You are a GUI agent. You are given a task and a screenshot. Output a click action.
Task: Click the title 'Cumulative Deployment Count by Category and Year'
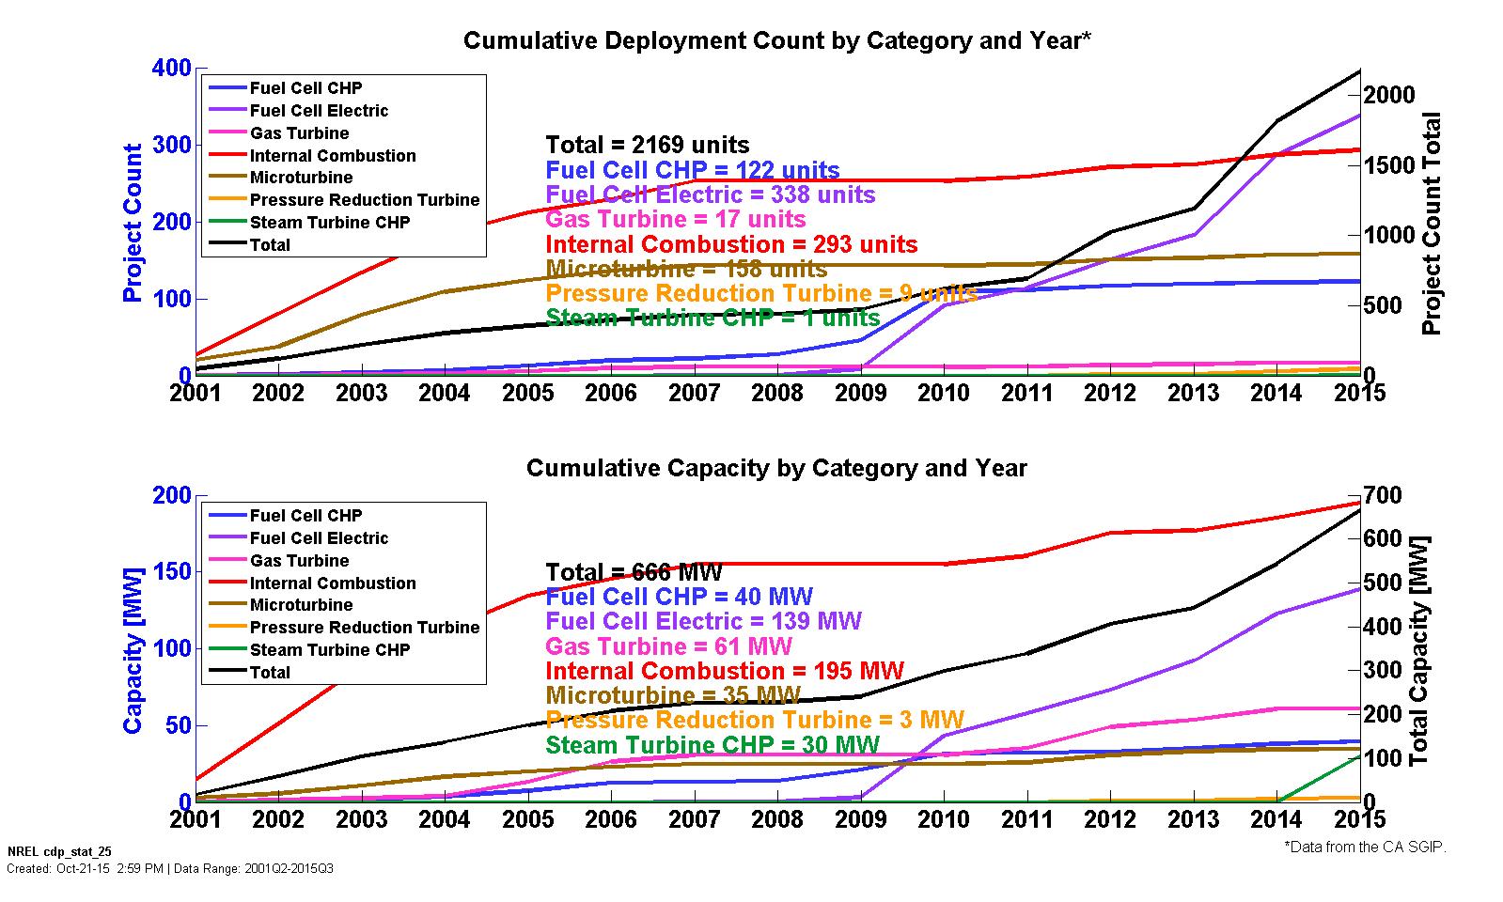coord(776,40)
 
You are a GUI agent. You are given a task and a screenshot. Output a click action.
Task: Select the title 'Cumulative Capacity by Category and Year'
coord(776,468)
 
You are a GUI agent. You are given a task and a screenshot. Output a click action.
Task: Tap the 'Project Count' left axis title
coord(133,223)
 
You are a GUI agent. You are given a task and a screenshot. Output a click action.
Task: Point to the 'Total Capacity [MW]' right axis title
coord(1419,649)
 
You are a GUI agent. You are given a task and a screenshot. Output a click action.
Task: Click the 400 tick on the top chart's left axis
coord(170,69)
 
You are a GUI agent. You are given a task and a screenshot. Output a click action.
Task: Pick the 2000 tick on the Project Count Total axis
coord(1389,95)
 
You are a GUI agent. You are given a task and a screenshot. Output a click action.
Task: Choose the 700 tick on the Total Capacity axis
coord(1384,495)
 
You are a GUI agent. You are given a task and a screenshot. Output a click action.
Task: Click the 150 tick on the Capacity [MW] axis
coord(170,572)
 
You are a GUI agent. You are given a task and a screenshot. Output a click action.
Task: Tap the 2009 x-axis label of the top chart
coord(860,393)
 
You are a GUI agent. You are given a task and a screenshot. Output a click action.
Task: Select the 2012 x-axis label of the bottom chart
coord(1110,819)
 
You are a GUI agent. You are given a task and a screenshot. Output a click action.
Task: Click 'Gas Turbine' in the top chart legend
coord(299,133)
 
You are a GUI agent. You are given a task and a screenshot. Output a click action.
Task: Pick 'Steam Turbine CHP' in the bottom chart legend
coord(330,650)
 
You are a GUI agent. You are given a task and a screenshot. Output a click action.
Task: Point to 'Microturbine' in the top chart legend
coord(301,178)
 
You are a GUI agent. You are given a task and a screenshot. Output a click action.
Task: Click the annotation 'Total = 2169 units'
coord(648,145)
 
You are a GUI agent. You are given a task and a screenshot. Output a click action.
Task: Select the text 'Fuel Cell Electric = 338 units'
coord(710,194)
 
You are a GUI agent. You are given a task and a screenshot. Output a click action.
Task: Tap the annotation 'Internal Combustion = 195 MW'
coord(724,671)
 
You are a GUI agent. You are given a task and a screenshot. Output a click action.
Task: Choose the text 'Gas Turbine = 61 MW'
coord(668,646)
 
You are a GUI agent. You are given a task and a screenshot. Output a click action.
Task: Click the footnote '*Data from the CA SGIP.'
coord(1365,848)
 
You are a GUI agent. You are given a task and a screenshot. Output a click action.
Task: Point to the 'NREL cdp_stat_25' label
coord(59,852)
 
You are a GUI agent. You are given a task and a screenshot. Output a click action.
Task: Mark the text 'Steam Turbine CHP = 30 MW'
coord(712,745)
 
